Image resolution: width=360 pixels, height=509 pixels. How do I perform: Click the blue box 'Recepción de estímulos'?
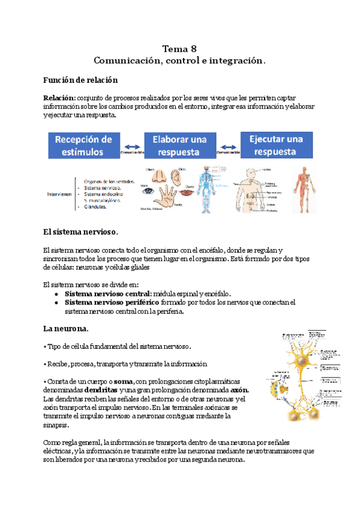click(84, 145)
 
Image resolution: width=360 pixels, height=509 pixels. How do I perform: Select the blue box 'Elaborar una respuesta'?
click(180, 145)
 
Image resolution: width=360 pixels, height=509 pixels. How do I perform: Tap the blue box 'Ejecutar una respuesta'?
click(277, 145)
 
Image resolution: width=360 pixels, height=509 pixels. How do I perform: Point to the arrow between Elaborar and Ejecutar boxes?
click(227, 146)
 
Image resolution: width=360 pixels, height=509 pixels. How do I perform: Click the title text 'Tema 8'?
click(180, 49)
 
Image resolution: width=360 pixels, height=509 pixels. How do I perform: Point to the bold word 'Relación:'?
click(59, 97)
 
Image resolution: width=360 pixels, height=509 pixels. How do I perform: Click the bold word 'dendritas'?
click(92, 390)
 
